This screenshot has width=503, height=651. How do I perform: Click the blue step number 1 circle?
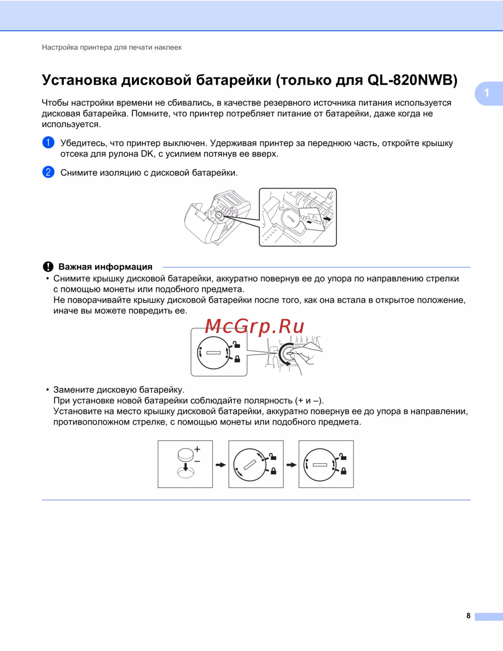point(48,142)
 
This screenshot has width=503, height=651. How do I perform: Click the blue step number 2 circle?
point(48,172)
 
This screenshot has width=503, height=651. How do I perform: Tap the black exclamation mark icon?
point(48,267)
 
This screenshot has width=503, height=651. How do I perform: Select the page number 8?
point(468,616)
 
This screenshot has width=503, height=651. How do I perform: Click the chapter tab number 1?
point(486,93)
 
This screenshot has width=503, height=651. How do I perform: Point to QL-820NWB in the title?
point(412,80)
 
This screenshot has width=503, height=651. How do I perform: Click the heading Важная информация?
point(105,267)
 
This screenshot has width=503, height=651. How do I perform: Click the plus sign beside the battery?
point(197,449)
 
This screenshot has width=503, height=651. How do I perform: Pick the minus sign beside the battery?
point(197,461)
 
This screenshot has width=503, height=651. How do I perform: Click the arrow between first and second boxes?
point(220,464)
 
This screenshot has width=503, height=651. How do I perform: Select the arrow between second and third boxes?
point(291,464)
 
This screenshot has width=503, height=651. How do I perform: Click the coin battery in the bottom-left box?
point(186,455)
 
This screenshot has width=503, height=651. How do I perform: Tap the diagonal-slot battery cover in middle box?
point(249,464)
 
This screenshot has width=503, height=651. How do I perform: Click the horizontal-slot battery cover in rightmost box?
point(320,464)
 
